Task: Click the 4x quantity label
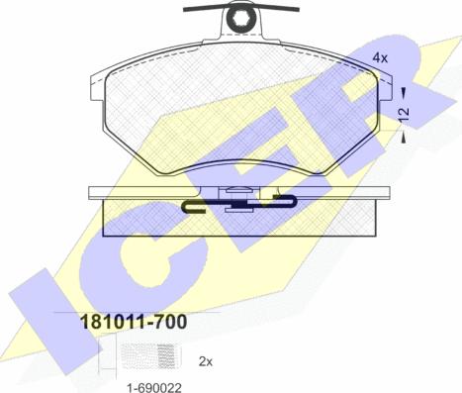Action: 380,58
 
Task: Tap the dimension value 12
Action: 404,115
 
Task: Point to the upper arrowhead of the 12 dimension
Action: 404,90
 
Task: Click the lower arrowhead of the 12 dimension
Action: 404,140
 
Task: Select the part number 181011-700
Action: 134,322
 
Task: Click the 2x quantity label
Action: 206,362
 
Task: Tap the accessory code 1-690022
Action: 154,388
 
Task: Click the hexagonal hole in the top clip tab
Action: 240,16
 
